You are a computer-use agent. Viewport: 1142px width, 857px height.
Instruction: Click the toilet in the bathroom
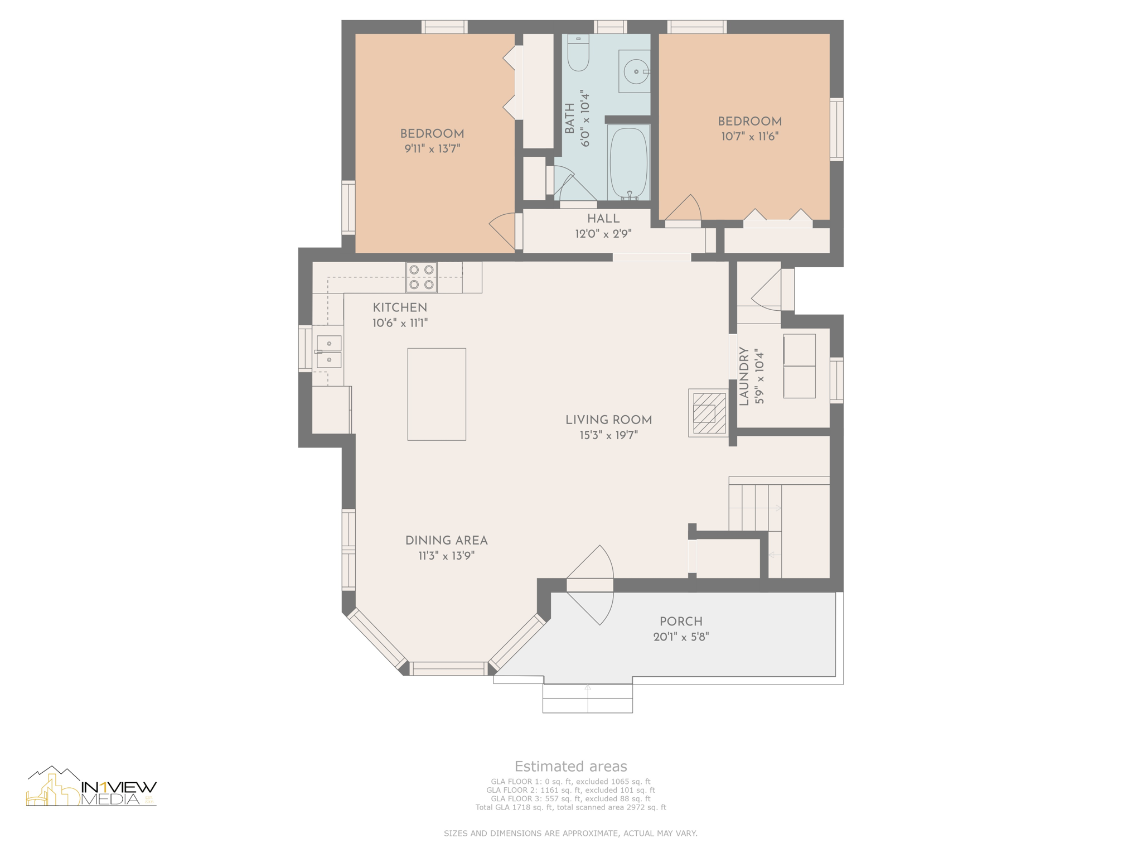578,53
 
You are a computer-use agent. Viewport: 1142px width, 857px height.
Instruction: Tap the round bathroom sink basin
636,71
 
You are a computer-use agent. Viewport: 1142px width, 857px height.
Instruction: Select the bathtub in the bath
628,162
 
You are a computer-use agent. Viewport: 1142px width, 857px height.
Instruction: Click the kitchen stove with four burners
422,277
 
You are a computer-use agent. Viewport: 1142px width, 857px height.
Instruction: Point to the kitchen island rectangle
437,394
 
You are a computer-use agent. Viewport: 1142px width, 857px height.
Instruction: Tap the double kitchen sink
329,352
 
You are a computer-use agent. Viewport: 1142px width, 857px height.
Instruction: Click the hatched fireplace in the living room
709,413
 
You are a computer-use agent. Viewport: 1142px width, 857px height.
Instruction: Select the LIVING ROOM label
608,420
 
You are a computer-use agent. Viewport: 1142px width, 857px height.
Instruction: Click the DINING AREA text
446,541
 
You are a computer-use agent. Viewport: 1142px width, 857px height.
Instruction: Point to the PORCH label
681,622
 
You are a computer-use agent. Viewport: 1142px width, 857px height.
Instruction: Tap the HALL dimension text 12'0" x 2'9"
603,234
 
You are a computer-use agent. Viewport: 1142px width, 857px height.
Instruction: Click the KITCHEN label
400,307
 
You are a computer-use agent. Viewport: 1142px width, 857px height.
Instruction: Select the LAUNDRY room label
744,377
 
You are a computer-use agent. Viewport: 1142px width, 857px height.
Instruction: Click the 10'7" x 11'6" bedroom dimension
749,137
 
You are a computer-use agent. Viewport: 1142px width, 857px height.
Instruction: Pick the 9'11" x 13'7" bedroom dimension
432,149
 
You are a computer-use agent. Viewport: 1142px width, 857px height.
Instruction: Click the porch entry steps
588,698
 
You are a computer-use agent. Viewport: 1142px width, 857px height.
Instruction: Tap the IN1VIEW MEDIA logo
91,787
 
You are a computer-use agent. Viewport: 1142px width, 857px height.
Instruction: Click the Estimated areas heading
570,767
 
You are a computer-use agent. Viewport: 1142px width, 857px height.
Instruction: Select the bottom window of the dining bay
448,668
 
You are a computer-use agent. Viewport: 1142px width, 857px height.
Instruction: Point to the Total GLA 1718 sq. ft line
570,807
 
